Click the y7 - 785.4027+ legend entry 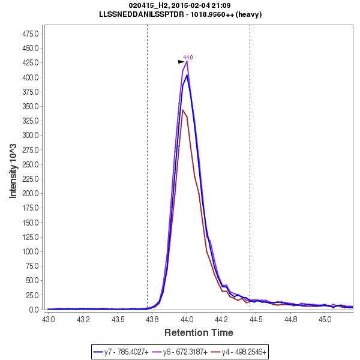click(125, 352)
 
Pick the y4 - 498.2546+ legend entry click(244, 352)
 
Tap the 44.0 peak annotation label click(188, 58)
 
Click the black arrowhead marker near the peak click(181, 62)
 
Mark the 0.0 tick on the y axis click(34, 310)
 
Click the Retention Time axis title click(199, 332)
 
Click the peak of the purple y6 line click(187, 61)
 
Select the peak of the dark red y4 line click(182, 110)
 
